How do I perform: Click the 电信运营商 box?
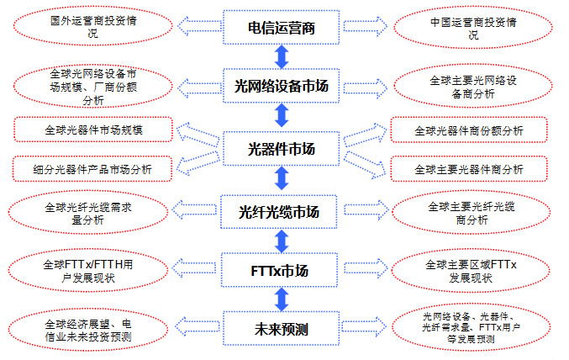(x=282, y=28)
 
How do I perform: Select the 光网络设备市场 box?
(x=282, y=86)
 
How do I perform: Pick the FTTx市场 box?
(x=282, y=271)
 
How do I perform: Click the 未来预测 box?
(x=282, y=329)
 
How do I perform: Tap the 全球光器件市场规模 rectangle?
(x=92, y=130)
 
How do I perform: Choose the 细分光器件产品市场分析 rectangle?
(x=92, y=168)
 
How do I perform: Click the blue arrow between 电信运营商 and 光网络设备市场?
(x=282, y=57)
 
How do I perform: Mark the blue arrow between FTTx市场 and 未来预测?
(x=282, y=299)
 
